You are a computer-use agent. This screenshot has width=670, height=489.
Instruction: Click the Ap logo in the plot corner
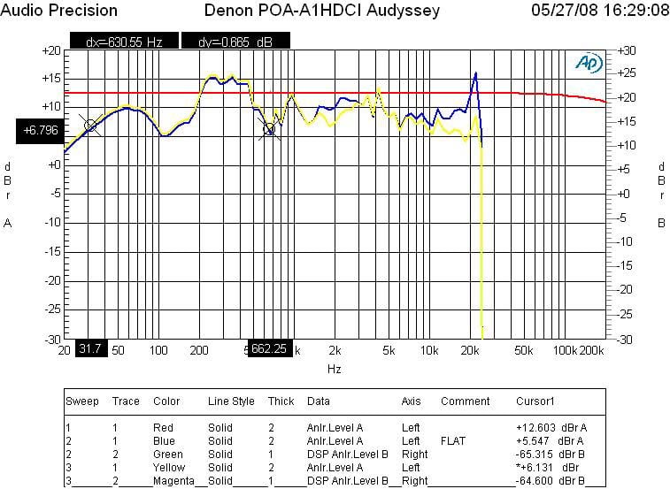587,62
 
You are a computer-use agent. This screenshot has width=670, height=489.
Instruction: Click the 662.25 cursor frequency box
270,348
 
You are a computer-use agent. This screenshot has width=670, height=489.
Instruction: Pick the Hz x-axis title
334,368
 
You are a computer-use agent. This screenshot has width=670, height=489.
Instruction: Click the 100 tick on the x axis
158,349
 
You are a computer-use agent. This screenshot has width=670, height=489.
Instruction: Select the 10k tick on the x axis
429,349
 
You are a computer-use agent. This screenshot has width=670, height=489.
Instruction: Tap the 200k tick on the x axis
592,349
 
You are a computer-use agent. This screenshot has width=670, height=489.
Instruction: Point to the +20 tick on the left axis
50,50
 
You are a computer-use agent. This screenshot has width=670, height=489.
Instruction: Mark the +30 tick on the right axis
626,50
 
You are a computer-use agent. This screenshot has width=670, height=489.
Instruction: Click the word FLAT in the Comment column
454,440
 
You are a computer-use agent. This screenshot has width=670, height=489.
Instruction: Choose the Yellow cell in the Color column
170,467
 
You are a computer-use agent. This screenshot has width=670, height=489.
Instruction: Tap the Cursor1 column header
536,401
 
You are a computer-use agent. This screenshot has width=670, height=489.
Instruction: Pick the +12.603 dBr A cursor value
550,427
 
